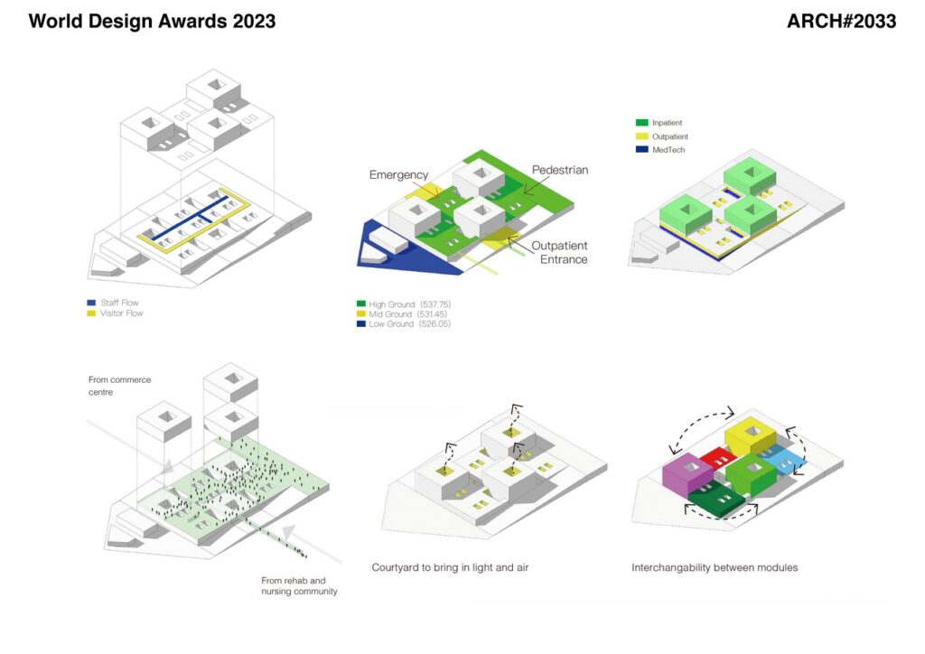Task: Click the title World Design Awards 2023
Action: [x=152, y=22]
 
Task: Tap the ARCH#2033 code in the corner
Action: [x=841, y=22]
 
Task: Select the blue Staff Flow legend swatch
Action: [x=91, y=303]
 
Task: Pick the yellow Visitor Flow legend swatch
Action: [x=91, y=313]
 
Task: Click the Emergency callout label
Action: [x=398, y=174]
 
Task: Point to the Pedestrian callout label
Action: [x=560, y=170]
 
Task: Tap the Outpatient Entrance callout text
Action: [x=559, y=252]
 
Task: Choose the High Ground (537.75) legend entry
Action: [x=404, y=304]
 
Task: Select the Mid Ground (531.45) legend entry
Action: [x=402, y=314]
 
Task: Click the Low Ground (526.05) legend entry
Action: [x=404, y=323]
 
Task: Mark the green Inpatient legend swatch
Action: [x=642, y=123]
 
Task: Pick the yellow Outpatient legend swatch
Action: [x=642, y=136]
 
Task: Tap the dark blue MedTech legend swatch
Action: [x=642, y=150]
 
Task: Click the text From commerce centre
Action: [x=120, y=386]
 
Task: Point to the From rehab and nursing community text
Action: [x=300, y=585]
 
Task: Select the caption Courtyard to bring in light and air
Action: [x=450, y=567]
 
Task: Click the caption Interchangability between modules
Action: [x=715, y=567]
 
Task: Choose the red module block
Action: [x=716, y=458]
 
